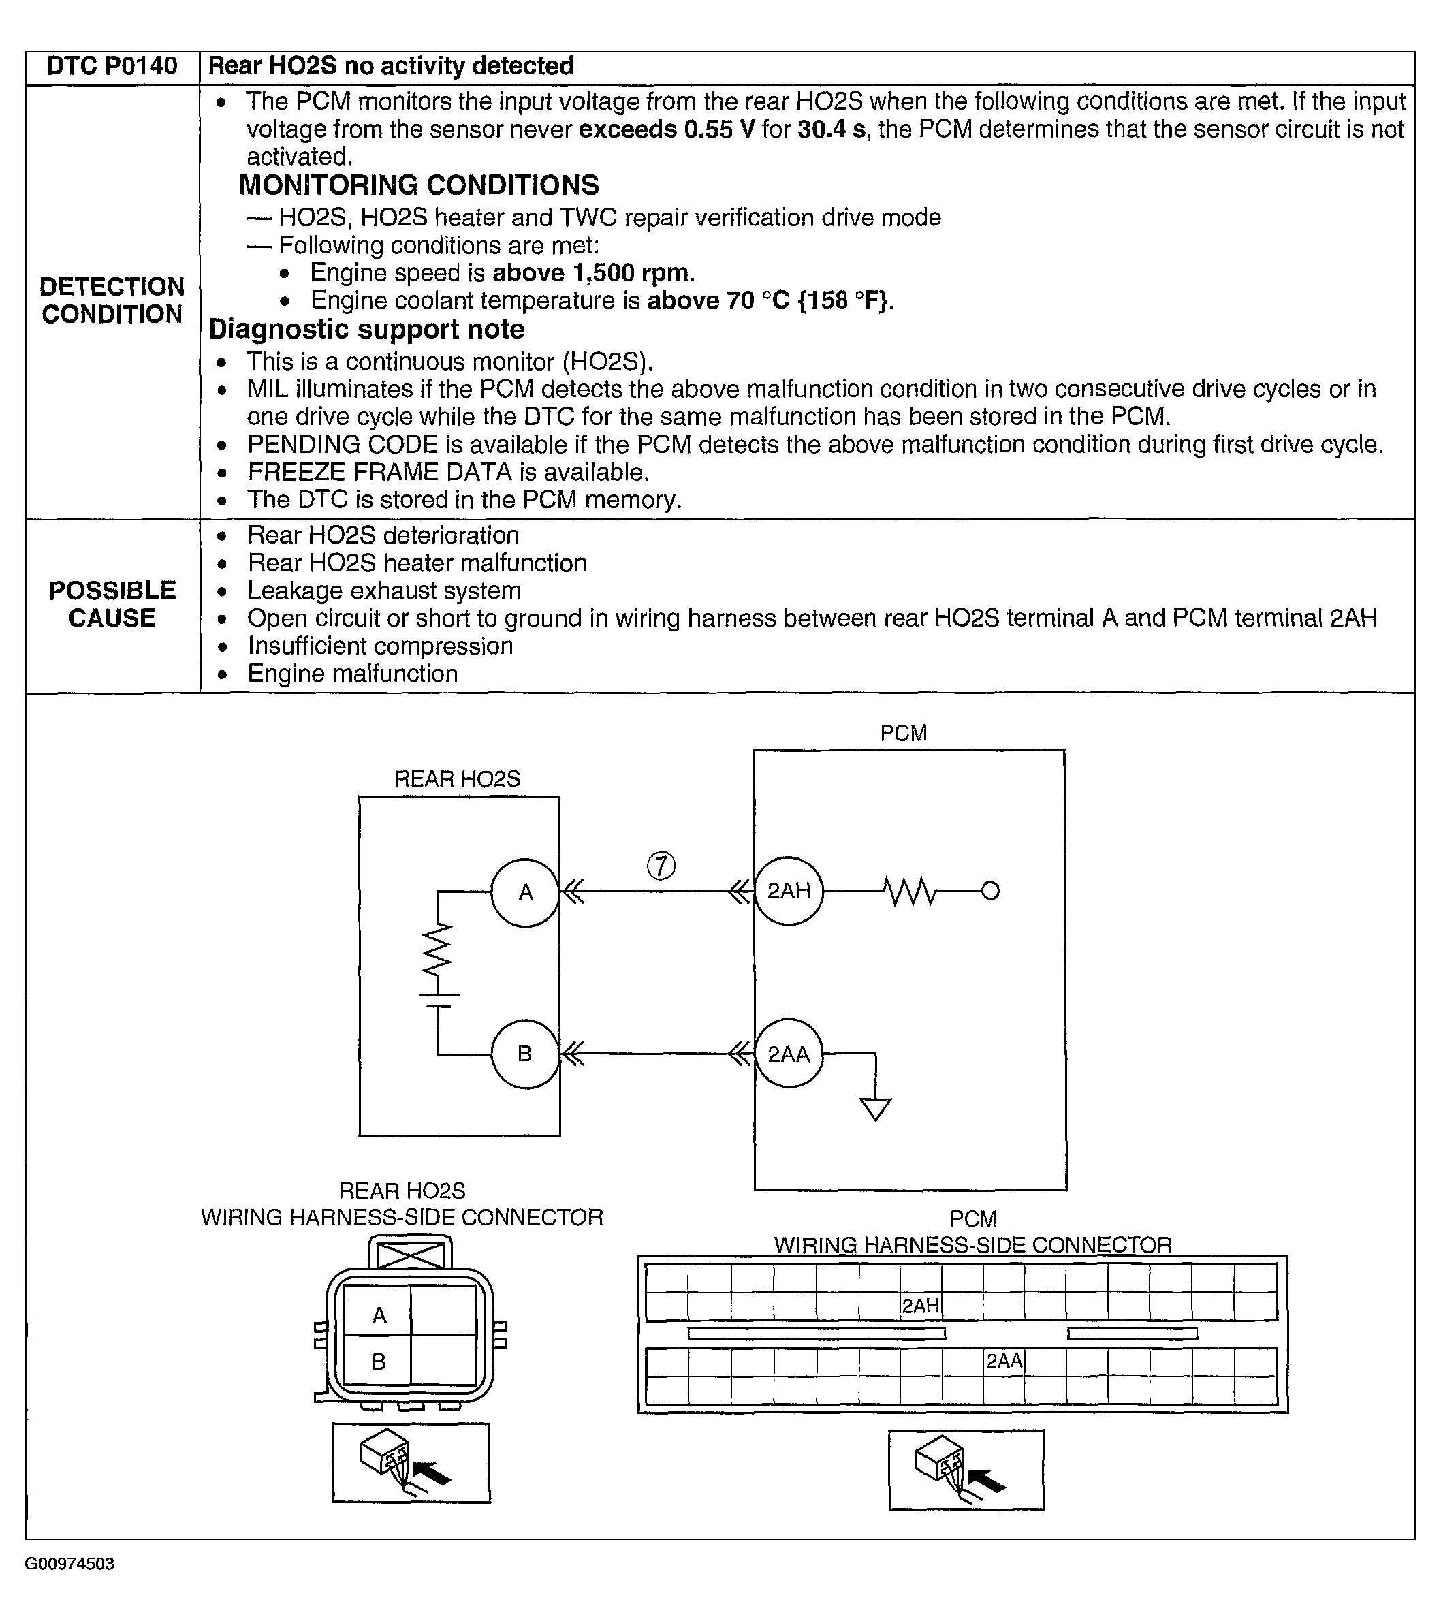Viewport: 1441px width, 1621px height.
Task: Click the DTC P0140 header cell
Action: pyautogui.click(x=112, y=66)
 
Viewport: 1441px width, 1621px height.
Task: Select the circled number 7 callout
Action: pyautogui.click(x=661, y=865)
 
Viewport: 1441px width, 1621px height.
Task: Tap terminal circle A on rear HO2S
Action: pyautogui.click(x=525, y=892)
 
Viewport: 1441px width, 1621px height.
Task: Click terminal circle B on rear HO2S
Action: pyautogui.click(x=525, y=1053)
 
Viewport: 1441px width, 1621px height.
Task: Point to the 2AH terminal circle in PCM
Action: pyautogui.click(x=789, y=891)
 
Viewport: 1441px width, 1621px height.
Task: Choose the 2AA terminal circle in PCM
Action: pyautogui.click(x=789, y=1054)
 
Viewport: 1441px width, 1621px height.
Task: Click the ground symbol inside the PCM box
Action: pyautogui.click(x=876, y=1107)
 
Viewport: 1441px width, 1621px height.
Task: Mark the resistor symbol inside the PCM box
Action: pyautogui.click(x=910, y=891)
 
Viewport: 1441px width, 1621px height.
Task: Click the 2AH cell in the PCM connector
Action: pyautogui.click(x=920, y=1306)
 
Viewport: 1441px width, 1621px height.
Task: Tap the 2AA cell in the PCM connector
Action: pyautogui.click(x=1004, y=1361)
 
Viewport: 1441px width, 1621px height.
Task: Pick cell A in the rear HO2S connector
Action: pyautogui.click(x=379, y=1316)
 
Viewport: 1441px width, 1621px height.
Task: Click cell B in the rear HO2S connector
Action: pyautogui.click(x=379, y=1362)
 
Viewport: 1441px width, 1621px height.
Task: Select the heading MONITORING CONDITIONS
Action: pyautogui.click(x=419, y=185)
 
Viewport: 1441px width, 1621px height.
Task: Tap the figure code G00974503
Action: pyautogui.click(x=69, y=1564)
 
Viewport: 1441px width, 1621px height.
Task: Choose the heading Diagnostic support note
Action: pyautogui.click(x=366, y=329)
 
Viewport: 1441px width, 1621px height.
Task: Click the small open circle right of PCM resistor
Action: pyautogui.click(x=991, y=891)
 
